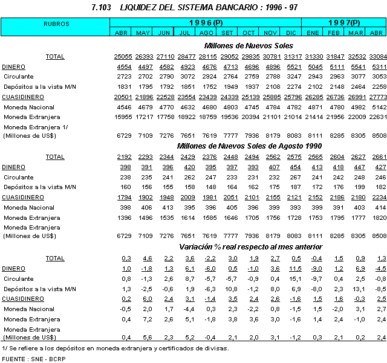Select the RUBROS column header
coord(56,24)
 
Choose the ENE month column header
coord(313,32)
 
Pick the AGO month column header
coord(206,32)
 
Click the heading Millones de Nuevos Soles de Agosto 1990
coord(249,146)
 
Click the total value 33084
coord(376,56)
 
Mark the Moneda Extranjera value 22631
coord(376,117)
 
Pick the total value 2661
coord(377,157)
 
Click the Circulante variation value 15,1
coord(292,279)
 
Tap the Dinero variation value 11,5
coord(292,269)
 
